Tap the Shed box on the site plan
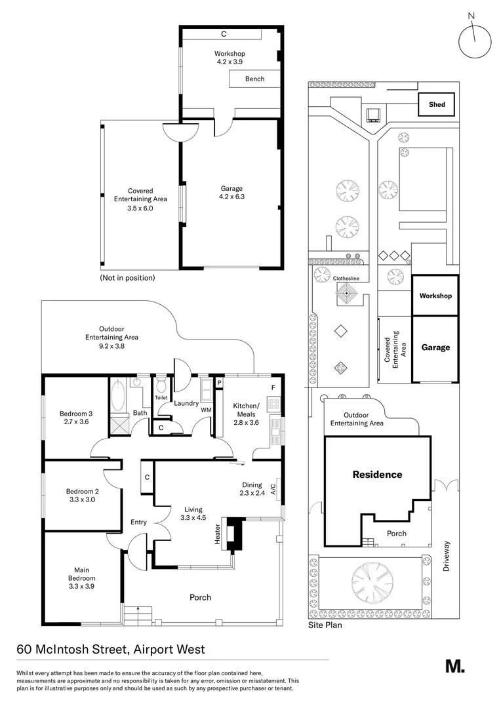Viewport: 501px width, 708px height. click(437, 105)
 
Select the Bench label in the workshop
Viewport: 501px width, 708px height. click(254, 79)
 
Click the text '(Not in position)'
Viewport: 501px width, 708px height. click(127, 278)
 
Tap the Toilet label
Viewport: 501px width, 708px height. click(161, 398)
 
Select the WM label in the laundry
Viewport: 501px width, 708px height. click(205, 410)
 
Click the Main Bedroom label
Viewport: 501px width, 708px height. click(82, 574)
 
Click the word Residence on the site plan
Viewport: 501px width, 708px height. click(377, 475)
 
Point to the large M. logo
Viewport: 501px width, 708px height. click(454, 666)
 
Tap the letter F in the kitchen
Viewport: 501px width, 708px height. click(273, 387)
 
